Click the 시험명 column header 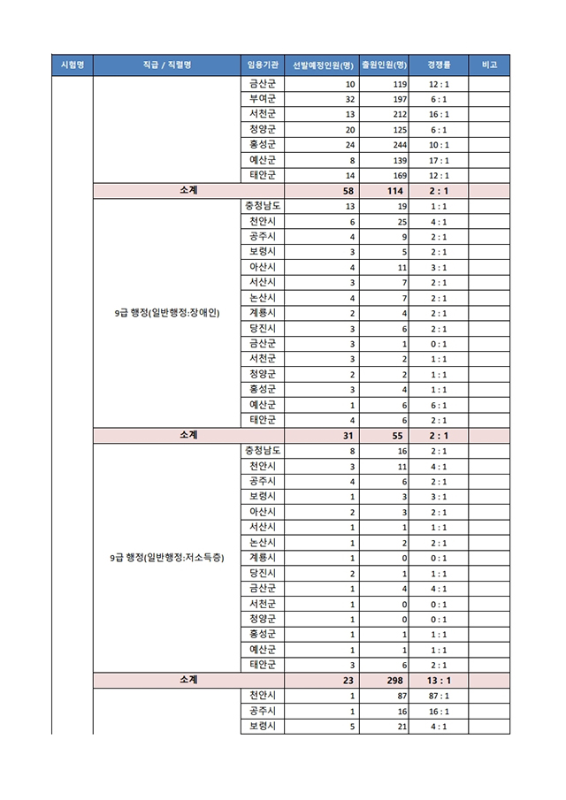[73, 65]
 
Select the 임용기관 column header [262, 65]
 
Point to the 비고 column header [489, 65]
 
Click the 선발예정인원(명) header [323, 65]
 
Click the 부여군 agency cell [262, 99]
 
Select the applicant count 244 [397, 145]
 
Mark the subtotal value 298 [393, 681]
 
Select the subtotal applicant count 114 [394, 191]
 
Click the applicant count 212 [397, 115]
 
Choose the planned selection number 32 [350, 99]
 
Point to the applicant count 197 [397, 99]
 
